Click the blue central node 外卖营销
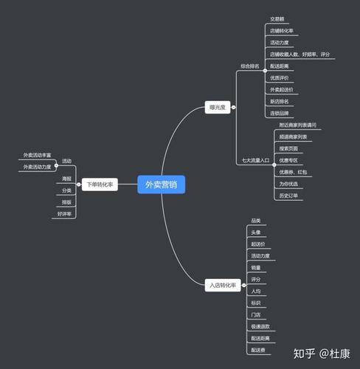click(161, 184)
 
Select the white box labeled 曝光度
click(217, 108)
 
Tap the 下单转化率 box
click(100, 184)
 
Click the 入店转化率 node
click(224, 285)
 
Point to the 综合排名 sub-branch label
click(250, 66)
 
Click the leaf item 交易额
click(277, 20)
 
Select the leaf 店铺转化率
click(283, 31)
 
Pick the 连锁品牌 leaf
click(281, 113)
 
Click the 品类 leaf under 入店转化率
click(256, 221)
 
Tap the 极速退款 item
click(260, 326)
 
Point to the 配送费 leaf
click(257, 350)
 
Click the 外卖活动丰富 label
click(37, 155)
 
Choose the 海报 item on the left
click(67, 179)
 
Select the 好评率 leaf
click(65, 214)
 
